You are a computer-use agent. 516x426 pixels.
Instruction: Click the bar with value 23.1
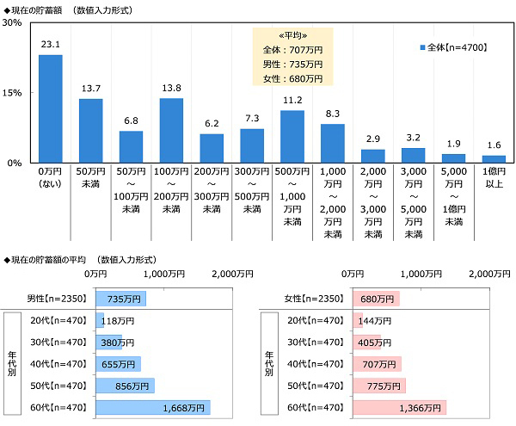tap(51, 108)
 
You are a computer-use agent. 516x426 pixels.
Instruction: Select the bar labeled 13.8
tap(171, 130)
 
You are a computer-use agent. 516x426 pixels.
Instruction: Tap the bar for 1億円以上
tap(494, 159)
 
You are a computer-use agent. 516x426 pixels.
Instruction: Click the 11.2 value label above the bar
tap(292, 102)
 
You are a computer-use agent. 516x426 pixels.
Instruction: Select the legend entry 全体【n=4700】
tap(454, 48)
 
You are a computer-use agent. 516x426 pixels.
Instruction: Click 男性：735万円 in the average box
tap(292, 65)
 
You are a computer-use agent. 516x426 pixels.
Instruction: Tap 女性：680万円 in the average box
tap(292, 78)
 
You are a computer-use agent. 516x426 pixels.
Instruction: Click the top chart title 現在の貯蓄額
tap(39, 8)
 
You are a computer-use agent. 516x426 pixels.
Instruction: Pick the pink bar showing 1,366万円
tap(399, 407)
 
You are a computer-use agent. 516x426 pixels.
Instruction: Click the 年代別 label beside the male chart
tap(12, 363)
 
